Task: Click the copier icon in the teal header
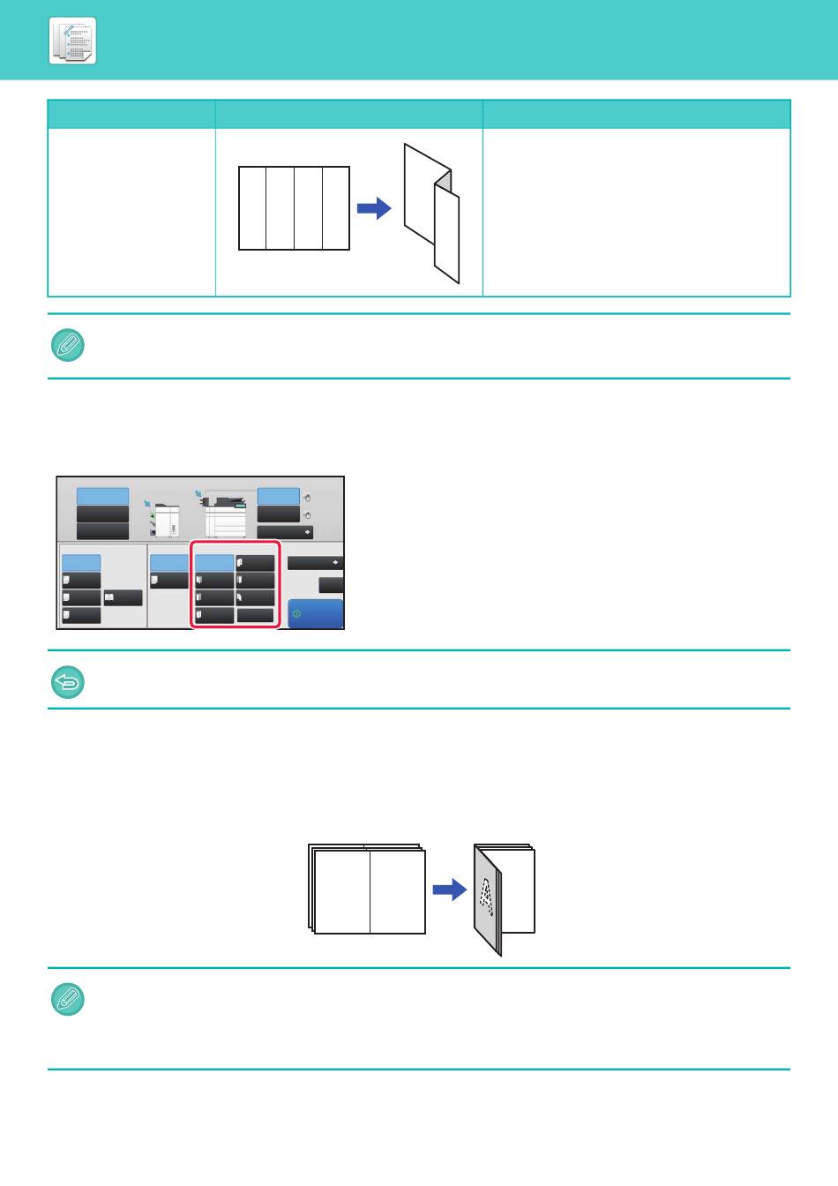point(72,41)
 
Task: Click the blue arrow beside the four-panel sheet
point(373,209)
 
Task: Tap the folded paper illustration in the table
point(432,213)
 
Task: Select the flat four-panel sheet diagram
point(295,208)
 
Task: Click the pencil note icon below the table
point(68,346)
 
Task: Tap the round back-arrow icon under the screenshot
point(68,682)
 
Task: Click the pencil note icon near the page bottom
point(68,1000)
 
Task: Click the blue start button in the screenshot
point(316,614)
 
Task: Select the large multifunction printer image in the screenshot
point(225,516)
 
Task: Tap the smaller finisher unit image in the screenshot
point(166,521)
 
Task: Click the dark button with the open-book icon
point(123,598)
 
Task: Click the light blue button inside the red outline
point(214,563)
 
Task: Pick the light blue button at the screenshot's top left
point(102,496)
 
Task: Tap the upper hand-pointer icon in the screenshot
point(306,498)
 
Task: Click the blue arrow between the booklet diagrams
point(450,889)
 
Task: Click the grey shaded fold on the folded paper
point(443,183)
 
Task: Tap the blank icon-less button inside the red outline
point(256,616)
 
